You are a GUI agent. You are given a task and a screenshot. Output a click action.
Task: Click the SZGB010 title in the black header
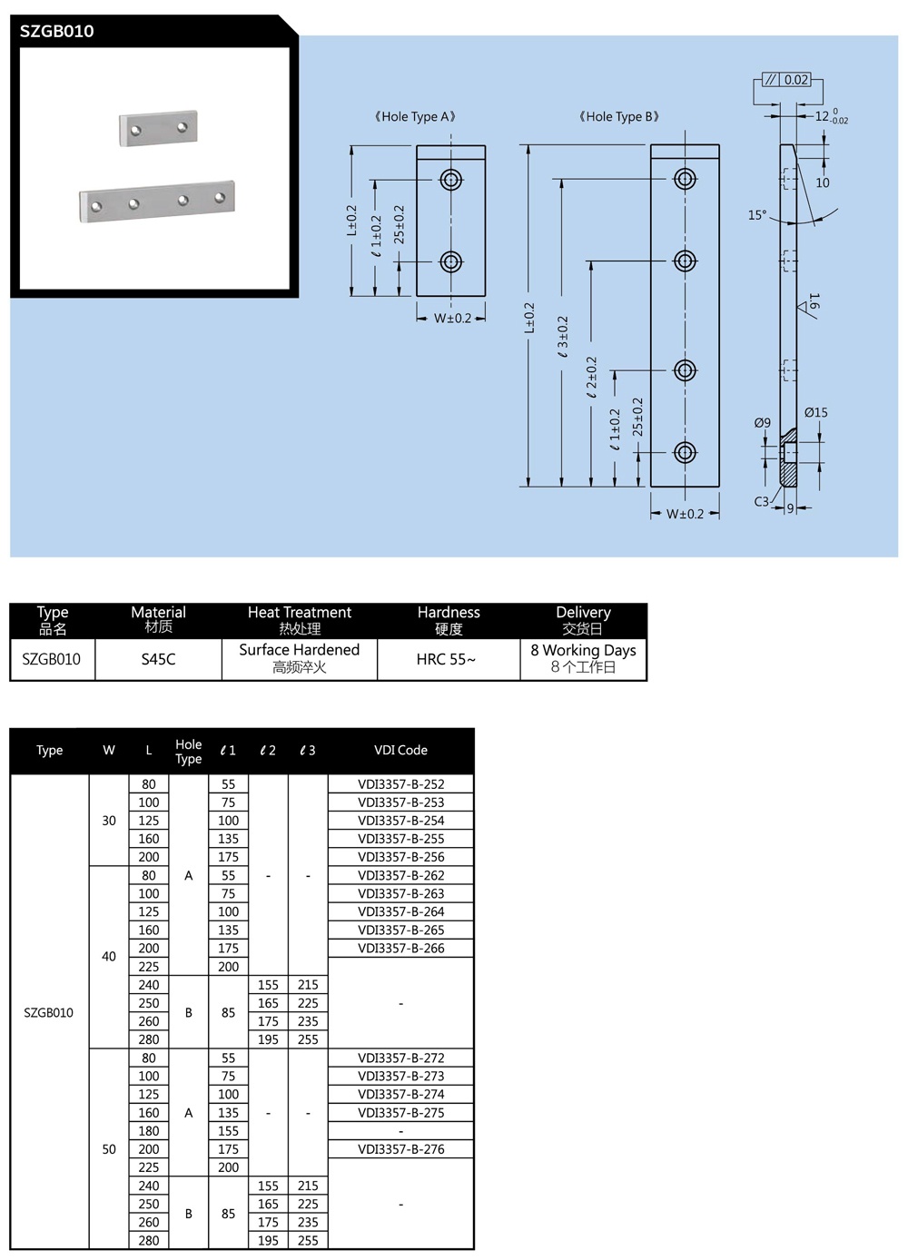[x=56, y=31]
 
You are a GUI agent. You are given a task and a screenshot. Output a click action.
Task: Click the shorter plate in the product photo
[x=158, y=128]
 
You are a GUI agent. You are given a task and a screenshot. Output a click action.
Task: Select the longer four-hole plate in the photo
[x=157, y=201]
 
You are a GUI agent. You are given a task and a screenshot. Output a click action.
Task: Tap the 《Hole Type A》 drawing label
[x=415, y=116]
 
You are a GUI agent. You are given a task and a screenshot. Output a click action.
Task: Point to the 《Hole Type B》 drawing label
[x=618, y=116]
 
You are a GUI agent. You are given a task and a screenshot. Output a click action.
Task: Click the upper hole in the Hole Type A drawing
[x=451, y=179]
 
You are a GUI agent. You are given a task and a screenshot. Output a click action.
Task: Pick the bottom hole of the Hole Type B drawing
[x=686, y=452]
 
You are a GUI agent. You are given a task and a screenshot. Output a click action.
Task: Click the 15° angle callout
[x=757, y=215]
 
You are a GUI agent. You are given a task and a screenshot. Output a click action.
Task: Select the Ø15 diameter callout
[x=815, y=412]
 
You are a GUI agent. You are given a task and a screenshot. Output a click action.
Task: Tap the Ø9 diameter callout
[x=763, y=423]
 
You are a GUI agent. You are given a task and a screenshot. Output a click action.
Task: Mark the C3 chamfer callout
[x=761, y=501]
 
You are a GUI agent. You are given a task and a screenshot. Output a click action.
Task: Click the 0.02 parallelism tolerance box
[x=796, y=80]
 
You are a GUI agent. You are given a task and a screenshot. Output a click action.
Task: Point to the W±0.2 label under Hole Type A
[x=452, y=319]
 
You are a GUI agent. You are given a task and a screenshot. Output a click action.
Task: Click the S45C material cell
[x=158, y=659]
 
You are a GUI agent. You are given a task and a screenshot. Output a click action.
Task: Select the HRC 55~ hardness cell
[x=446, y=659]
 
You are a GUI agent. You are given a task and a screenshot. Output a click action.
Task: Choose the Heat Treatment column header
[x=300, y=620]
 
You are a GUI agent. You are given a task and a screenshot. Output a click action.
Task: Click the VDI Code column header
[x=400, y=750]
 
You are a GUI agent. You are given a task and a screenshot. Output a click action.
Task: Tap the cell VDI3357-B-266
[x=400, y=948]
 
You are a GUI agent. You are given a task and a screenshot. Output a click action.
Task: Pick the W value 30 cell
[x=109, y=821]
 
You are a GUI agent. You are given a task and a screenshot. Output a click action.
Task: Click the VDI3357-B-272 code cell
[x=400, y=1058]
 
